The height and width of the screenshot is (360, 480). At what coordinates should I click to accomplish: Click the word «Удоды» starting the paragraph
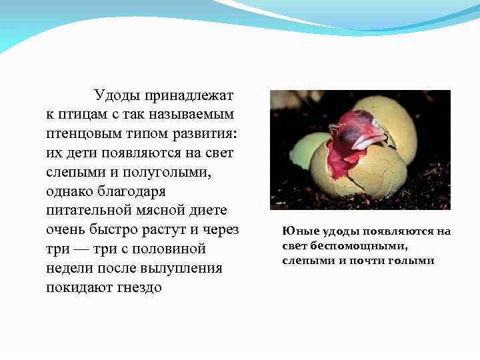tap(117, 95)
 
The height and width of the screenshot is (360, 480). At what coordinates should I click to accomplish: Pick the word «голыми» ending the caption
tap(414, 260)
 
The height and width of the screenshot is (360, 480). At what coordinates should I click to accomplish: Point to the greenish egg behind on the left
tap(302, 149)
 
